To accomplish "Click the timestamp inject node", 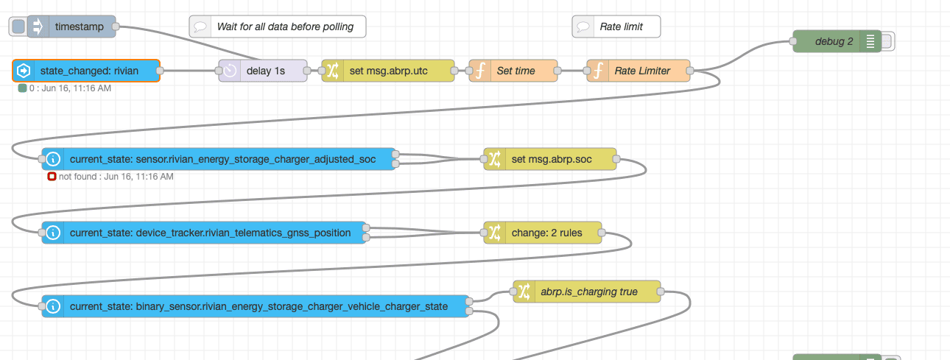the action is tap(71, 27).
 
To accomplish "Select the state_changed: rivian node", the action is tap(86, 71).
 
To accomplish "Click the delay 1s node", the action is tap(263, 71).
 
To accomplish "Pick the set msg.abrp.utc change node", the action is tap(388, 71).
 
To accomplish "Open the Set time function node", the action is tap(513, 71).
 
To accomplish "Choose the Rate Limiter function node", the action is tap(638, 71).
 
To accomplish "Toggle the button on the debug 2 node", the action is tap(887, 41).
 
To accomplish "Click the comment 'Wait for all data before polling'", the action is tap(278, 27).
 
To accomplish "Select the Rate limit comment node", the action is tap(616, 27).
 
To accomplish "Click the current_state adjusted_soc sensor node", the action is tap(219, 159).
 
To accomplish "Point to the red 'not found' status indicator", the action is tap(52, 177).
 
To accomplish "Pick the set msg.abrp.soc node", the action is tap(550, 159).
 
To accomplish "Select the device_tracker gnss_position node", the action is tap(203, 233).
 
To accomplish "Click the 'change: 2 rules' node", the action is tap(543, 233).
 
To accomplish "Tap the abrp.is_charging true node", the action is tap(586, 292).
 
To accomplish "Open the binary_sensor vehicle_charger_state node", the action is tap(256, 306).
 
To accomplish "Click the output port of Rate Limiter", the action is tap(690, 71).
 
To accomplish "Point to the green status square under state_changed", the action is tap(23, 88).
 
